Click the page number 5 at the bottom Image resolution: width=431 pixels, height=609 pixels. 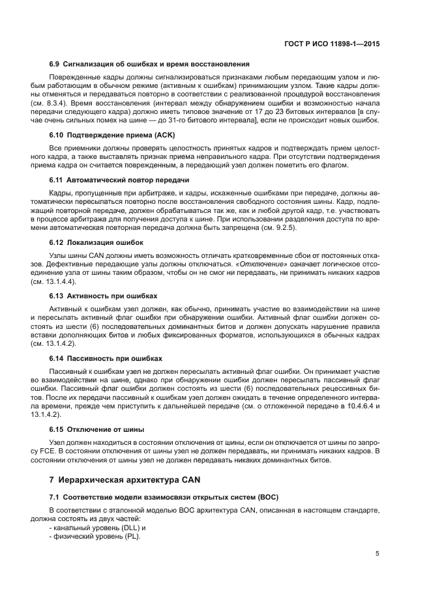378,554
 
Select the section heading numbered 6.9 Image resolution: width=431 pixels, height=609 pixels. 149,64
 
